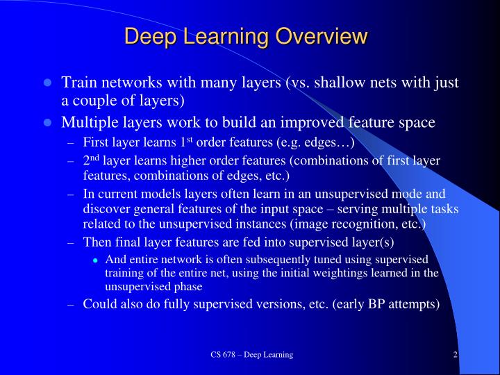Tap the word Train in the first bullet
[78, 83]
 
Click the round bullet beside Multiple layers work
[47, 123]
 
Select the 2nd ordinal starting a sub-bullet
[91, 161]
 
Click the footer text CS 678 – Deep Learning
[252, 355]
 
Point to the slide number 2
[455, 355]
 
